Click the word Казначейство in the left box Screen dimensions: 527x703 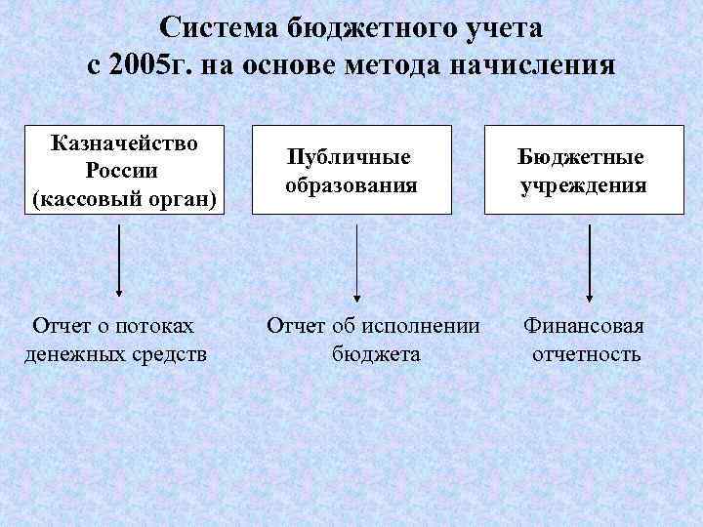coord(124,143)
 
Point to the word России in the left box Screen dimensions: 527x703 coord(123,171)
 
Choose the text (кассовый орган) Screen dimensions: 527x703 coord(123,198)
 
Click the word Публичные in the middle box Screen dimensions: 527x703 coord(349,156)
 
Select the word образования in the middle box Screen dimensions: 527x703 coord(351,184)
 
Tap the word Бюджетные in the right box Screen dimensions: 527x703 coord(582,156)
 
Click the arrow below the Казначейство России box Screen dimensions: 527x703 coord(119,260)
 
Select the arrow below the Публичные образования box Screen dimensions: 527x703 coord(356,260)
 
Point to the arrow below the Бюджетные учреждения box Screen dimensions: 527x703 coord(590,260)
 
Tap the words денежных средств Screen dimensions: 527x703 coord(115,352)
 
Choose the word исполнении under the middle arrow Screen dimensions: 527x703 coord(423,325)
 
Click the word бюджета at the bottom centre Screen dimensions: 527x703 coord(376,352)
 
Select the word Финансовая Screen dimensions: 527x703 coord(584,325)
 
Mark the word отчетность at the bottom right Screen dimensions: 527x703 coord(586,352)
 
